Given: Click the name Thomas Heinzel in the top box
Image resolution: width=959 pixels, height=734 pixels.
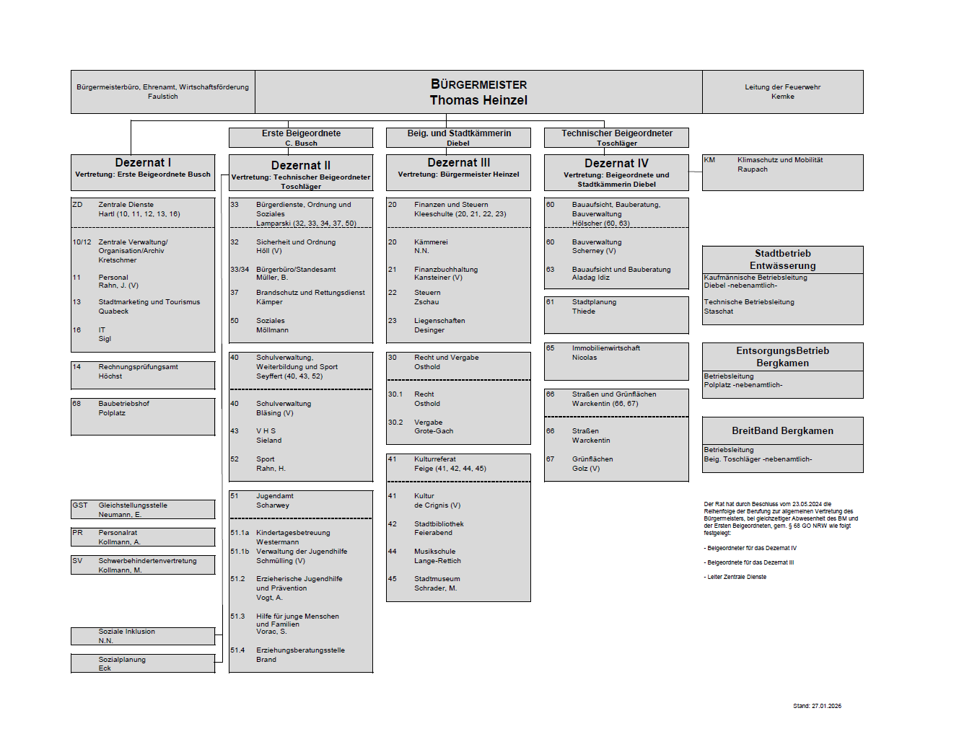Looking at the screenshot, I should pyautogui.click(x=478, y=100).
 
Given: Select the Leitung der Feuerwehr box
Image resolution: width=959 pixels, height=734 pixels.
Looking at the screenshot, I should pyautogui.click(x=782, y=92).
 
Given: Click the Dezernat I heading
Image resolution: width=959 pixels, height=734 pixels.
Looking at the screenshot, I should pyautogui.click(x=143, y=163).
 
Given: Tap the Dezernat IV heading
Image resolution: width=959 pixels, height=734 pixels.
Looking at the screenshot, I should pyautogui.click(x=616, y=164).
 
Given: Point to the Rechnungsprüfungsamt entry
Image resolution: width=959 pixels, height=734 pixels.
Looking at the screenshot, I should pyautogui.click(x=138, y=367).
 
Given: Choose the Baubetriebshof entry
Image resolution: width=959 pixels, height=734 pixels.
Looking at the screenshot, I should pyautogui.click(x=123, y=404).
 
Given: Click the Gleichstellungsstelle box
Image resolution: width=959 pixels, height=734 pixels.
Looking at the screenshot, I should pyautogui.click(x=142, y=509).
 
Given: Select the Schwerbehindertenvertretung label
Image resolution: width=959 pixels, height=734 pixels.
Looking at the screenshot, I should pyautogui.click(x=147, y=561).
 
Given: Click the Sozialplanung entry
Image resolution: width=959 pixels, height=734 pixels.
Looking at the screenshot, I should pyautogui.click(x=122, y=660).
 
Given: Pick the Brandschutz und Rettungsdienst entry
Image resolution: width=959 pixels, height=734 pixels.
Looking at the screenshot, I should pyautogui.click(x=310, y=293).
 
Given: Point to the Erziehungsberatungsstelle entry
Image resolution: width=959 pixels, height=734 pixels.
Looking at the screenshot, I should pyautogui.click(x=300, y=650).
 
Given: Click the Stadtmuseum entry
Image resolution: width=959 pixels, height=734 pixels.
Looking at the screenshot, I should pyautogui.click(x=437, y=579).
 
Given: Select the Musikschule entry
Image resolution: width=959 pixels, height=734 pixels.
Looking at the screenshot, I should pyautogui.click(x=434, y=552).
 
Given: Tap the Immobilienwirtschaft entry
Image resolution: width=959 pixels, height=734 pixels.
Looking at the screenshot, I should pyautogui.click(x=605, y=348).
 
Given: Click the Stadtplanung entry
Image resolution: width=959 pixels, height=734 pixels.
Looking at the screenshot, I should pyautogui.click(x=594, y=302).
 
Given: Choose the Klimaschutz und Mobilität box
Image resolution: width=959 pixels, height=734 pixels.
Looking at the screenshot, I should pyautogui.click(x=782, y=172).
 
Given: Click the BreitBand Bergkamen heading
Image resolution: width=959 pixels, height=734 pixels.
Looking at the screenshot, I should pyautogui.click(x=782, y=431).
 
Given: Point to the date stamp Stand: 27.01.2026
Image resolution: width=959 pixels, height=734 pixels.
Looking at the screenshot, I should pyautogui.click(x=817, y=707).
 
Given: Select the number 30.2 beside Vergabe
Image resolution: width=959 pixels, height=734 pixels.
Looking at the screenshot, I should pyautogui.click(x=395, y=423).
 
